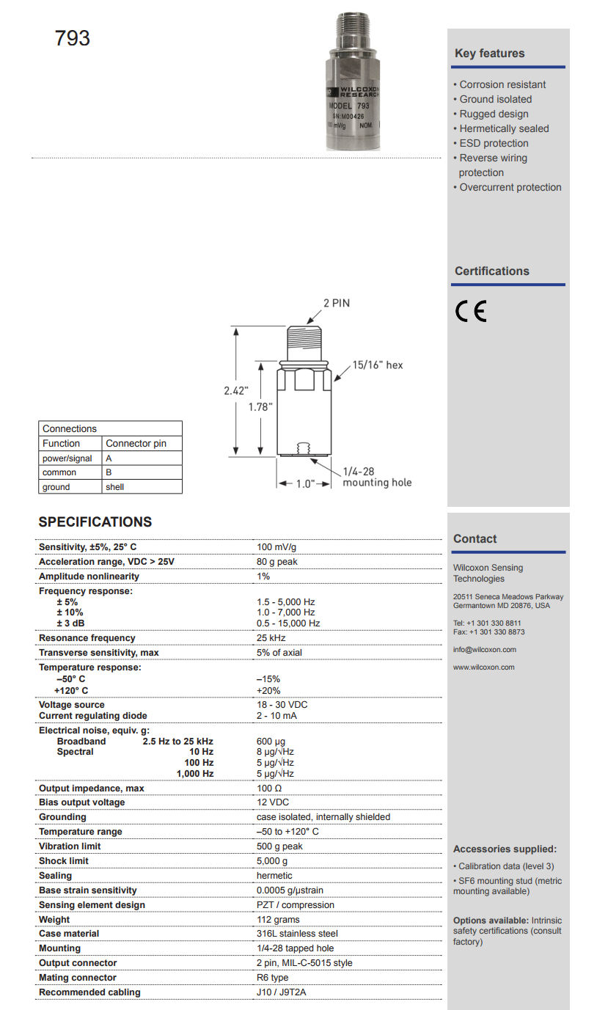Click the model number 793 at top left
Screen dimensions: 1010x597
coord(73,38)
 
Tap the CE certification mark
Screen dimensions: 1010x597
coord(470,312)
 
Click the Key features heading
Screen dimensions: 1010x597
coord(489,54)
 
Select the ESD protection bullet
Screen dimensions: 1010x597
coord(494,143)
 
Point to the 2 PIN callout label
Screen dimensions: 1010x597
coord(337,303)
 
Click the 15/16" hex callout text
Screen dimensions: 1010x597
coord(377,365)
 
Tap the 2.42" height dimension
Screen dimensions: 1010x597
coord(236,391)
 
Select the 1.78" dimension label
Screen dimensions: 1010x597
coord(260,406)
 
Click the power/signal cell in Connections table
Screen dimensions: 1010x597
coord(67,458)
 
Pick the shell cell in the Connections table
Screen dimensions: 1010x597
coord(115,487)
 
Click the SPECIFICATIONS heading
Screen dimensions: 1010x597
coord(95,522)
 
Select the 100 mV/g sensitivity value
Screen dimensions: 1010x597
coord(276,547)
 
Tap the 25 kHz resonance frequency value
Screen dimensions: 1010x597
coord(271,638)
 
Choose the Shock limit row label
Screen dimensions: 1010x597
coord(64,861)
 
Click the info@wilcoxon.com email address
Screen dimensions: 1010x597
coord(485,650)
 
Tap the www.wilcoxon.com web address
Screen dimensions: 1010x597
coord(484,667)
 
